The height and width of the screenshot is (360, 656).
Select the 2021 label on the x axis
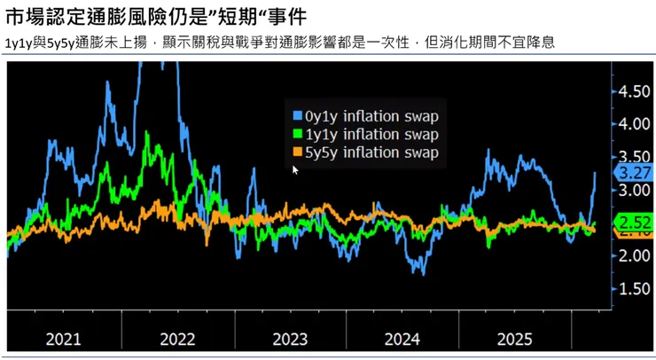pyautogui.click(x=63, y=339)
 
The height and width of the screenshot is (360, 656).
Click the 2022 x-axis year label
pyautogui.click(x=176, y=339)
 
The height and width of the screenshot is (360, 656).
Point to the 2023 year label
pyautogui.click(x=290, y=339)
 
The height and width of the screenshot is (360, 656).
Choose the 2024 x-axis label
pyautogui.click(x=402, y=339)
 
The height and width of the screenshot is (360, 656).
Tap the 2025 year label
pyautogui.click(x=515, y=339)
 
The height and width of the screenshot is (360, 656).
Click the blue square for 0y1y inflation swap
pyautogui.click(x=297, y=116)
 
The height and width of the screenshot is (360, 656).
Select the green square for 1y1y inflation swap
pyautogui.click(x=297, y=135)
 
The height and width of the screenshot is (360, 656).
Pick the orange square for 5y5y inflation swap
pyautogui.click(x=297, y=153)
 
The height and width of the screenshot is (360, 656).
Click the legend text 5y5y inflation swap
pyautogui.click(x=371, y=153)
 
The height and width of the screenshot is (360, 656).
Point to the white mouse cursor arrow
pyautogui.click(x=295, y=168)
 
